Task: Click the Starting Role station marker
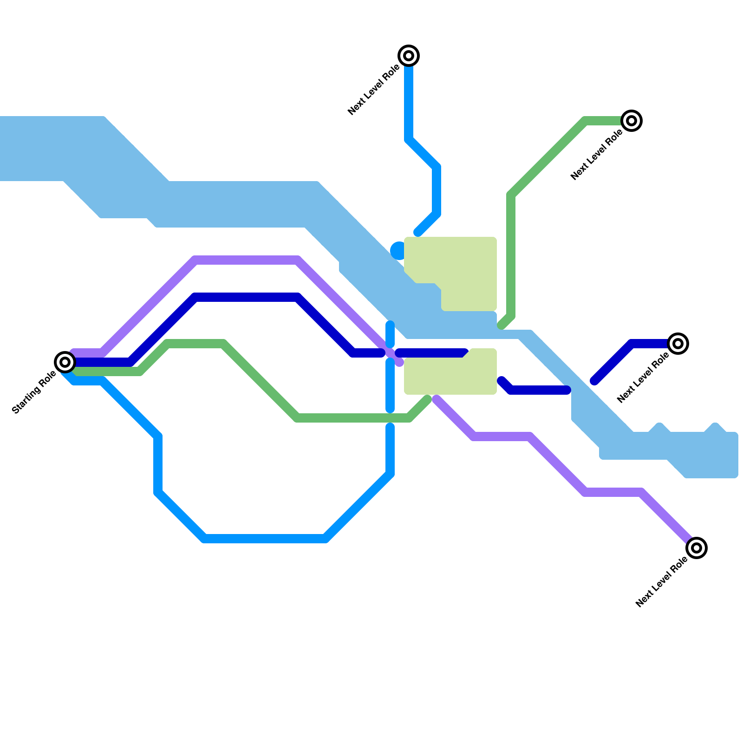(x=65, y=362)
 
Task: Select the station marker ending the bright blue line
(x=409, y=56)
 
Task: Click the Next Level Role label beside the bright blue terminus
(x=373, y=90)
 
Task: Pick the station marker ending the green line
(x=632, y=121)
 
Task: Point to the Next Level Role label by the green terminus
(x=596, y=155)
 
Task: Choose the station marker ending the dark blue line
(x=678, y=344)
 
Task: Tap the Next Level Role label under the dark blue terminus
(x=643, y=378)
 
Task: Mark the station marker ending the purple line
(x=697, y=548)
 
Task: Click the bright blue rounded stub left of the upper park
(x=398, y=251)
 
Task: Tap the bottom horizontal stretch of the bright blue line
(x=265, y=539)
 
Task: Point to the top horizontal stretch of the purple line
(x=246, y=260)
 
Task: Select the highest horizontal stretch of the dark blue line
(x=246, y=297)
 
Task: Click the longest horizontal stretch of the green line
(x=353, y=418)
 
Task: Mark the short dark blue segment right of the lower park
(x=539, y=390)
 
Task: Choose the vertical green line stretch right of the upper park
(x=511, y=255)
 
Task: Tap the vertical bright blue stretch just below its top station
(x=409, y=102)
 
